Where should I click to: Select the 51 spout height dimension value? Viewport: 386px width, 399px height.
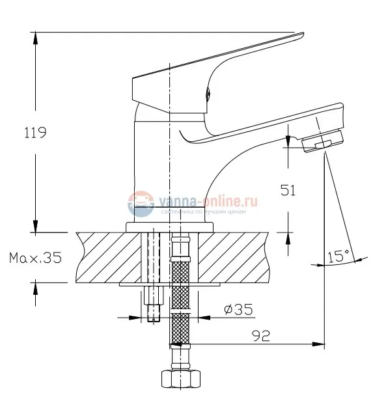point(288,190)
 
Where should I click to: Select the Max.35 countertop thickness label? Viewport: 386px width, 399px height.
point(35,258)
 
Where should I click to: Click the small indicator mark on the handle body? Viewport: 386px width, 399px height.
point(209,92)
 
